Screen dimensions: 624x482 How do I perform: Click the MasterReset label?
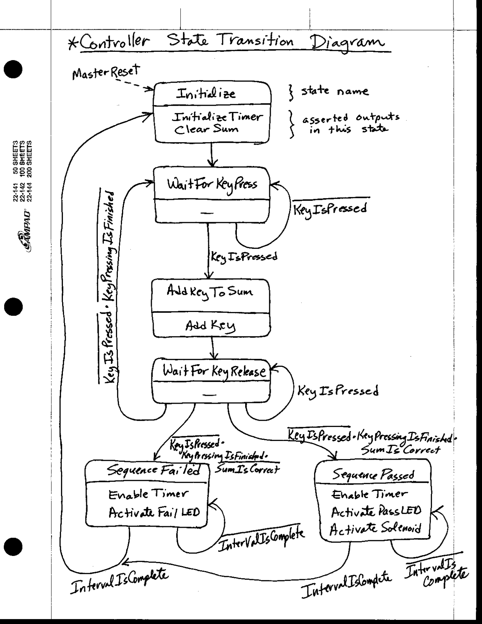pos(106,72)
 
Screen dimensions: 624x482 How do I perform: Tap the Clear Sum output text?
pos(206,129)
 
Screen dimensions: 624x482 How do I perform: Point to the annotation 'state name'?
pos(335,91)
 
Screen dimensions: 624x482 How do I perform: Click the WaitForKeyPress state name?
pos(212,184)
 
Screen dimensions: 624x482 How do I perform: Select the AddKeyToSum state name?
pos(210,292)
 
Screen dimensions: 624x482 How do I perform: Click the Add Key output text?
pos(210,326)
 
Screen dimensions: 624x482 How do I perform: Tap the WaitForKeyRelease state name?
pos(214,372)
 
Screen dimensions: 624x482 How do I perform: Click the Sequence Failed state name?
pos(152,470)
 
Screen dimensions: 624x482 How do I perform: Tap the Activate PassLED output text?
pos(376,512)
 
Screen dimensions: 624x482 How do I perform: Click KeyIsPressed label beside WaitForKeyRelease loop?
pos(338,391)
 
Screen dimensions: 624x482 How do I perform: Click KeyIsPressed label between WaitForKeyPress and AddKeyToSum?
pos(244,257)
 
